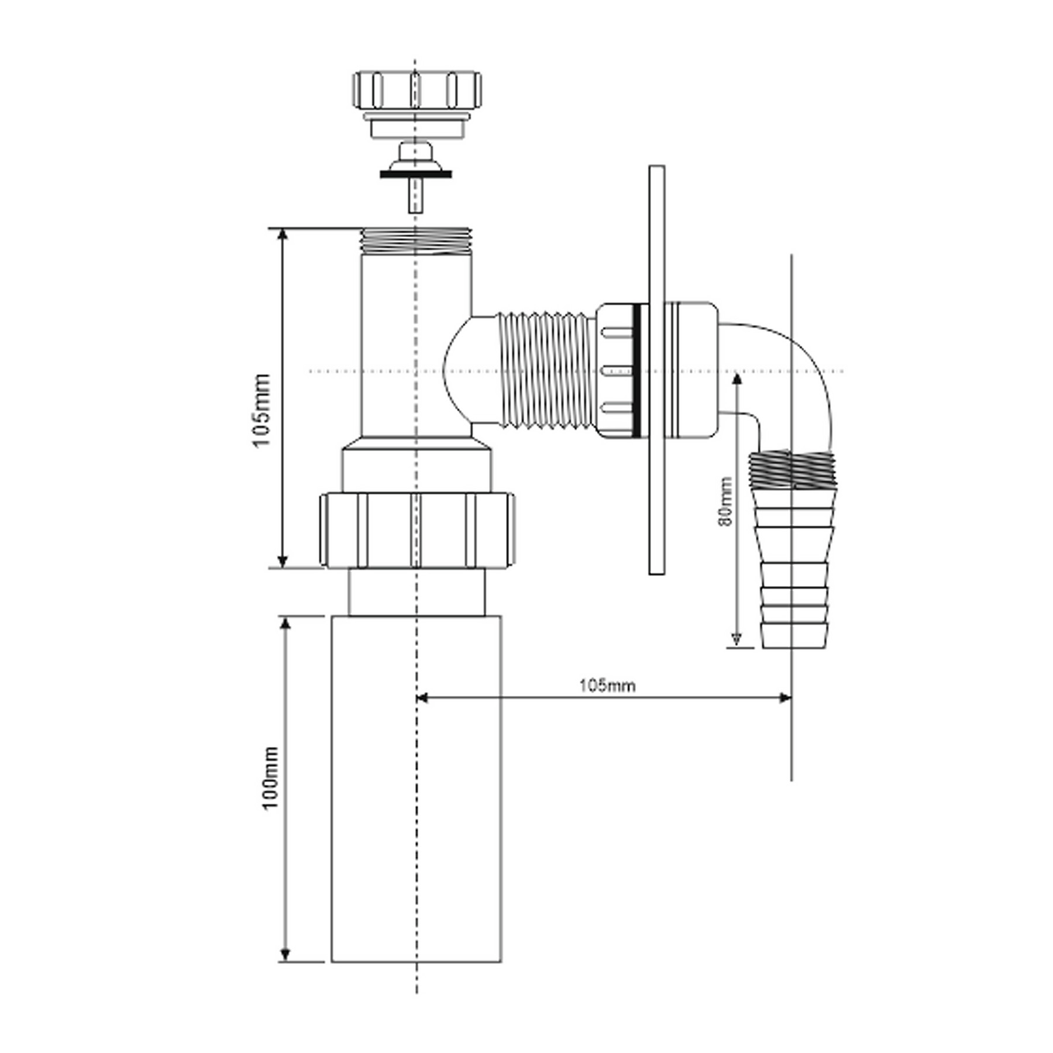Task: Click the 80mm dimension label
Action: (725, 501)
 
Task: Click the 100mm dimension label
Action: (270, 778)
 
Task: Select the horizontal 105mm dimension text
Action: (607, 686)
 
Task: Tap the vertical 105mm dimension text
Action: (261, 409)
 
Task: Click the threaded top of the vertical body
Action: (416, 240)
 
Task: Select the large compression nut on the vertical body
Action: (417, 530)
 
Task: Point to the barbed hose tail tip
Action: (794, 635)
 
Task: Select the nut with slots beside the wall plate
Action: (617, 370)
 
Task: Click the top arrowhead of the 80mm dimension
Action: (737, 378)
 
